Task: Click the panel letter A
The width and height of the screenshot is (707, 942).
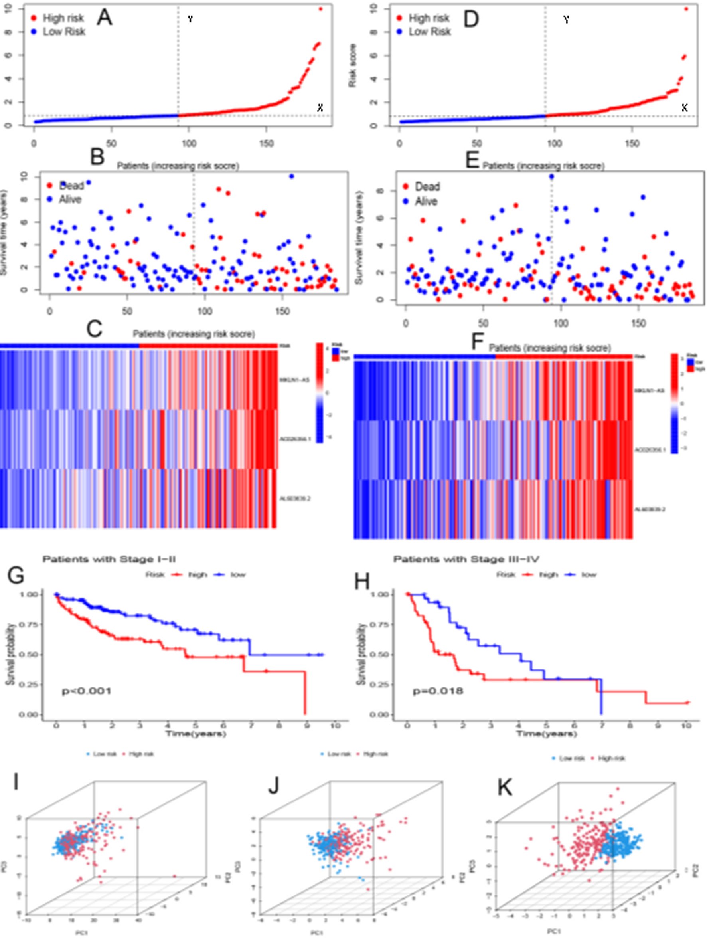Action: pyautogui.click(x=104, y=18)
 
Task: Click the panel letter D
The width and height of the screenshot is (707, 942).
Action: pyautogui.click(x=471, y=19)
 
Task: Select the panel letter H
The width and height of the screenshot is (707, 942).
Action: pyautogui.click(x=362, y=581)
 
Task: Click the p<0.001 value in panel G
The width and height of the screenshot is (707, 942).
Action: pyautogui.click(x=87, y=691)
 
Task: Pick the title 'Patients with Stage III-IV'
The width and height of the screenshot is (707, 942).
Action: pyautogui.click(x=466, y=559)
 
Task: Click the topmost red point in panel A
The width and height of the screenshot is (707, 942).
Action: pyautogui.click(x=320, y=8)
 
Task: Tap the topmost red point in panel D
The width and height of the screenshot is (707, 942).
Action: pyautogui.click(x=686, y=8)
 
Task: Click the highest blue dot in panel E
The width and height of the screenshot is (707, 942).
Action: pyautogui.click(x=552, y=176)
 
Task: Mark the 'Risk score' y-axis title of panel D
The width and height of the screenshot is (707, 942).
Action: pyautogui.click(x=352, y=66)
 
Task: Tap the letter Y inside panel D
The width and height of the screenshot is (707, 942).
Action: pyautogui.click(x=566, y=20)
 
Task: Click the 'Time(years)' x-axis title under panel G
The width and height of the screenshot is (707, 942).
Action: pyautogui.click(x=196, y=733)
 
